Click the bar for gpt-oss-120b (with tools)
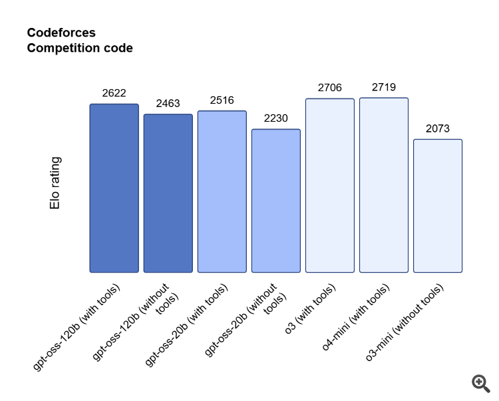pos(114,188)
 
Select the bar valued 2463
pos(168,193)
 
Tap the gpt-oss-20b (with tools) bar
pos(222,192)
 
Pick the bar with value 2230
pos(276,201)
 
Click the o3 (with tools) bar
pos(330,186)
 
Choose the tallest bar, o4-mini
pos(384,185)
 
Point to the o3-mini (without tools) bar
pos(438,205)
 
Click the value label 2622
pos(114,93)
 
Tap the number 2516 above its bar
pos(222,100)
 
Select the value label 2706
pos(330,88)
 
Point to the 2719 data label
pos(384,87)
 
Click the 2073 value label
pos(438,128)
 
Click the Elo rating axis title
pos(55,183)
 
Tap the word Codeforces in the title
pos(61,33)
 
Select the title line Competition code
pos(80,48)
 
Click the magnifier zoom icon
pos(480,384)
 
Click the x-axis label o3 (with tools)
pos(310,309)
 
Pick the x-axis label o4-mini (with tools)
pos(356,317)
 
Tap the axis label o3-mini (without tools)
pos(404,323)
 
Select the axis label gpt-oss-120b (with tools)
pos(77,327)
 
